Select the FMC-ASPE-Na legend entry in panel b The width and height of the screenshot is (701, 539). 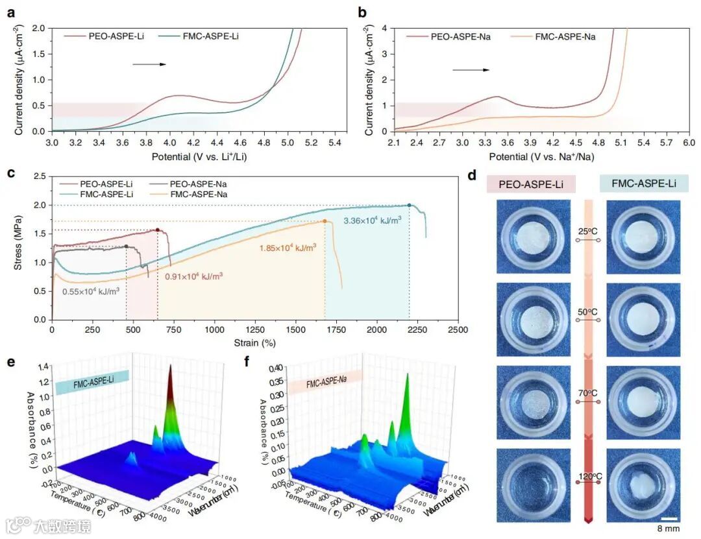565,36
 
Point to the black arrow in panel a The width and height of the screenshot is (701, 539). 149,64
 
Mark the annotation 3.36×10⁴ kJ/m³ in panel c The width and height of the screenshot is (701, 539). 372,220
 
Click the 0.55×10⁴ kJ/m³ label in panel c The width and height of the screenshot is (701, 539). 91,291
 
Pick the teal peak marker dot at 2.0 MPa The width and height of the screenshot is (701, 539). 409,206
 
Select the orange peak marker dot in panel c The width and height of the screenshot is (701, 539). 325,222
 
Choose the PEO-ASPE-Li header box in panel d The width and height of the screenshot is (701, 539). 530,185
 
